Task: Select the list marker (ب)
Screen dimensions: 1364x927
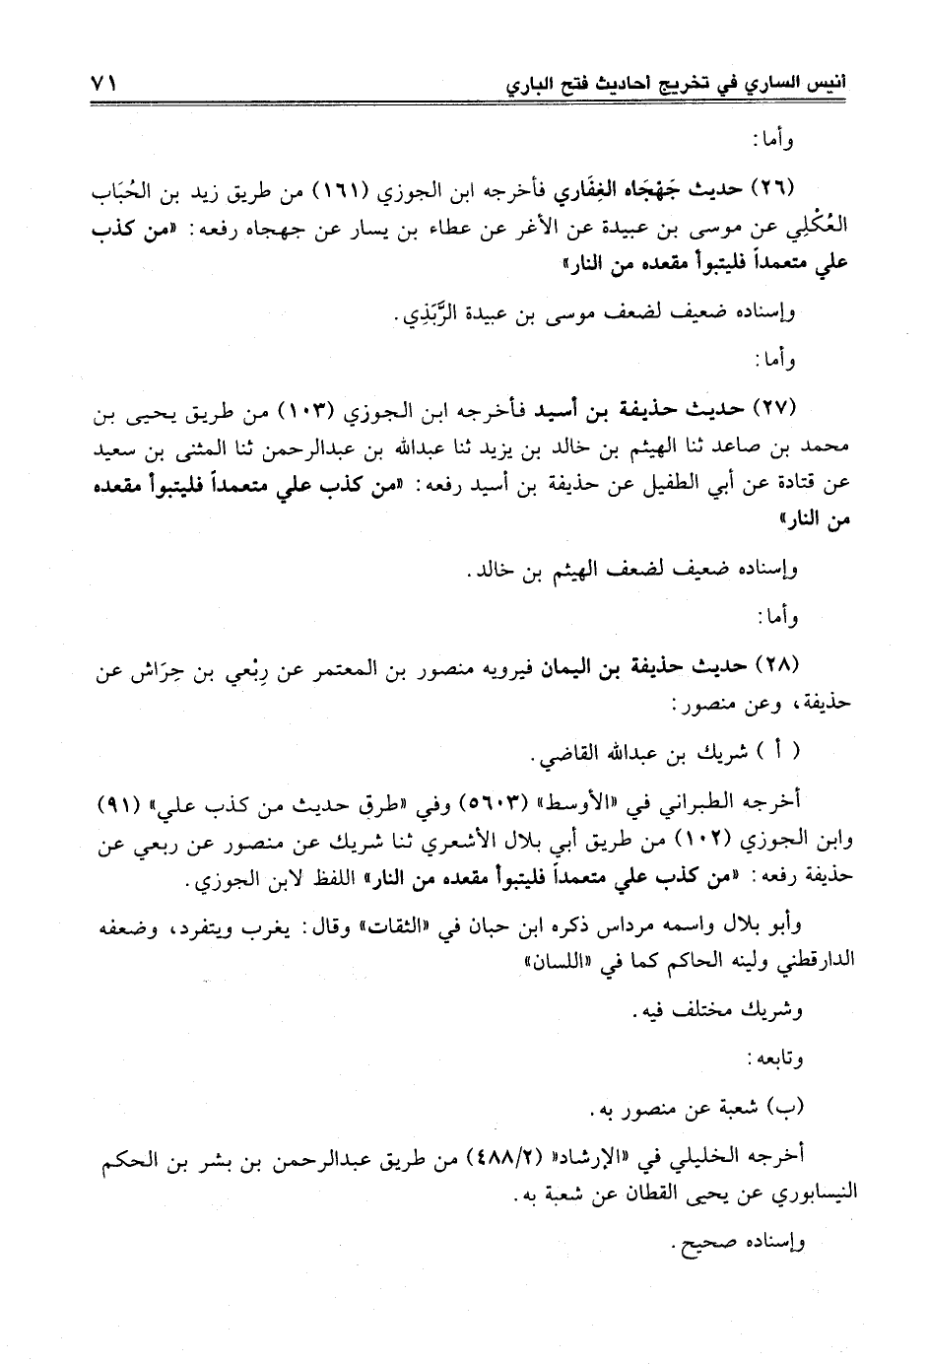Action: click(x=786, y=1111)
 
